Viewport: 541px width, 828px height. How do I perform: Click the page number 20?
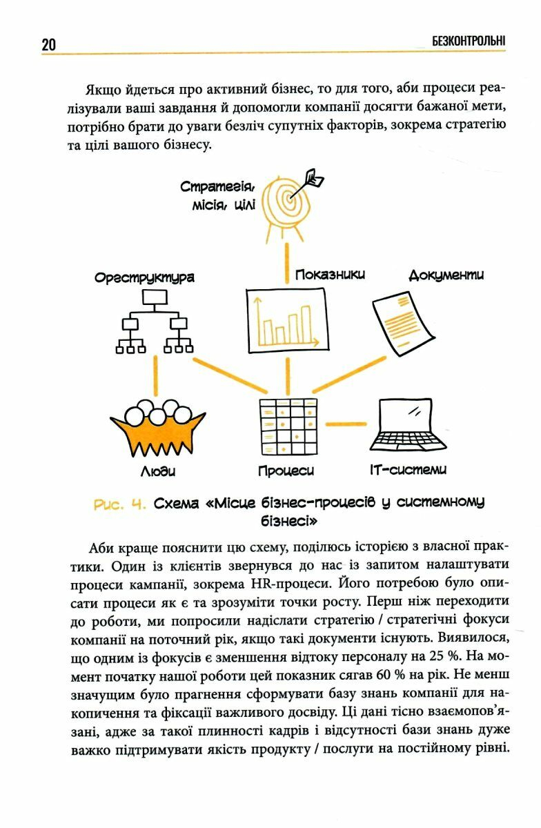pos(48,45)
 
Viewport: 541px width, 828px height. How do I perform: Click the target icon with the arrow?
pos(293,199)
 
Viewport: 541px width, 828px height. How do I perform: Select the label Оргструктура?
pos(144,277)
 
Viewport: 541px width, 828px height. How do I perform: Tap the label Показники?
pos(330,275)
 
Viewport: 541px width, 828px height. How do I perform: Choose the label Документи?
pos(446,275)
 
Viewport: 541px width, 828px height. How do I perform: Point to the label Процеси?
pos(286,471)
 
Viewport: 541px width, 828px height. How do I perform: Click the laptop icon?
pos(408,425)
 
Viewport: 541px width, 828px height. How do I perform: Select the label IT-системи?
pos(408,471)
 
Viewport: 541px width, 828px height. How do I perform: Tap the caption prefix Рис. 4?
pos(119,504)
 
